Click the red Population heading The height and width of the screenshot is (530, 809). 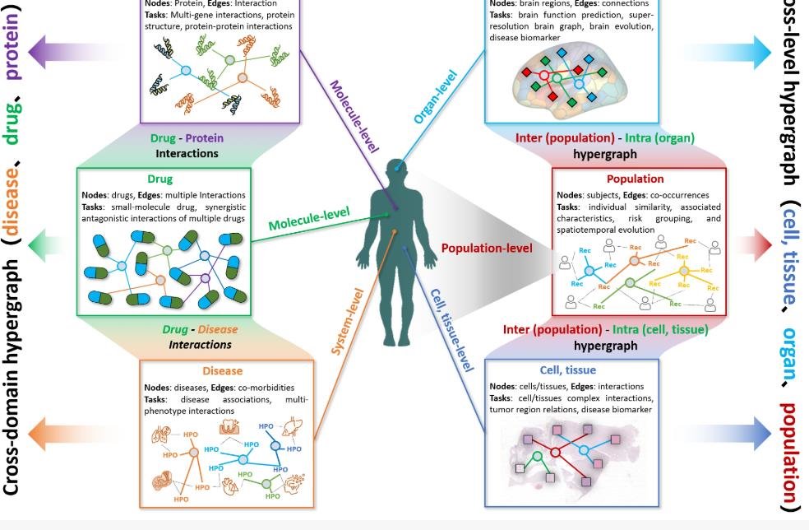(x=635, y=179)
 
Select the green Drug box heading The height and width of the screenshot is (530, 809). (x=159, y=179)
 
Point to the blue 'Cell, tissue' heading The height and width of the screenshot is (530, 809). (x=567, y=370)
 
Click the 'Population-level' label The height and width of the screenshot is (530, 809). (x=487, y=248)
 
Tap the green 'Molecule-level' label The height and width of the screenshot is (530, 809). (x=308, y=218)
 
